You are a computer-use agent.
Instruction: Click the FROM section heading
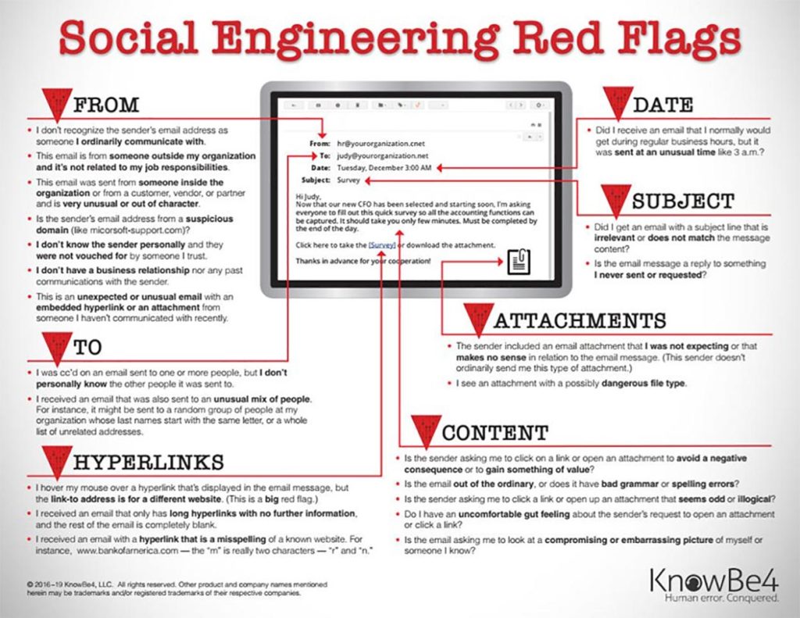(x=106, y=105)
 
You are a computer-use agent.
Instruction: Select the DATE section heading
(x=662, y=105)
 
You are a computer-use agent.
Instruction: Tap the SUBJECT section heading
(x=683, y=201)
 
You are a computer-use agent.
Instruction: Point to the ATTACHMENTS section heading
(x=580, y=320)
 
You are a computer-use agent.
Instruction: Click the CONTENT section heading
(x=495, y=433)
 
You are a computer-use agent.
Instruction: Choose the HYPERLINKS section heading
(x=148, y=462)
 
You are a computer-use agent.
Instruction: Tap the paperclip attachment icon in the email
(x=519, y=261)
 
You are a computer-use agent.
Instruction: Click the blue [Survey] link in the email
(x=381, y=245)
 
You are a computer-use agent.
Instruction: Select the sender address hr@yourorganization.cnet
(x=380, y=144)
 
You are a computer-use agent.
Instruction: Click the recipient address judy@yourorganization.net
(x=382, y=155)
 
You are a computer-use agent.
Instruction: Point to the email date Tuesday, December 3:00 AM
(x=384, y=168)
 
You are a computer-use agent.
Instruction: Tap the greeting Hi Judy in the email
(x=308, y=196)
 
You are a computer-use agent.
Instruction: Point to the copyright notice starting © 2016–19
(x=177, y=589)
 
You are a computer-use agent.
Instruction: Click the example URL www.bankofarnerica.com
(x=127, y=551)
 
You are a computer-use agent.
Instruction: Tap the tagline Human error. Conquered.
(x=721, y=598)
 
